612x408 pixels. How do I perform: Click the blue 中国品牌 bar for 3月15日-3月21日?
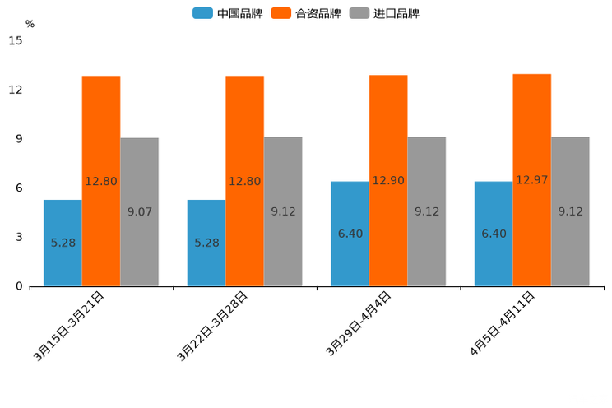pyautogui.click(x=63, y=243)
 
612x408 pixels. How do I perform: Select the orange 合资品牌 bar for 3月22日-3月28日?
pyautogui.click(x=245, y=181)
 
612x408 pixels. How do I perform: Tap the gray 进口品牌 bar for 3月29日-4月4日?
pyautogui.click(x=426, y=211)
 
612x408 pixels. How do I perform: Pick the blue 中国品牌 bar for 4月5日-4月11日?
pyautogui.click(x=494, y=234)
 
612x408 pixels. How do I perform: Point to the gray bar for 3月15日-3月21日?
pyautogui.click(x=139, y=211)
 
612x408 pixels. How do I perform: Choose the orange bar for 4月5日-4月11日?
pyautogui.click(x=531, y=180)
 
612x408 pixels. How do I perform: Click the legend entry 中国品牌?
pyautogui.click(x=228, y=13)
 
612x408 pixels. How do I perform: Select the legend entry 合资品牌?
pyautogui.click(x=307, y=13)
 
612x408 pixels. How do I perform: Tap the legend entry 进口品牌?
pyautogui.click(x=385, y=13)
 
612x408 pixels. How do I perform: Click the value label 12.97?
pyautogui.click(x=531, y=180)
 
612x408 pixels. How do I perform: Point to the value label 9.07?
pyautogui.click(x=140, y=211)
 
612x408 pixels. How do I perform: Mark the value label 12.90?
pyautogui.click(x=388, y=181)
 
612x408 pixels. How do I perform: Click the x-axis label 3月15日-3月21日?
pyautogui.click(x=69, y=326)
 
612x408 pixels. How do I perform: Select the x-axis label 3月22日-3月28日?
pyautogui.click(x=213, y=326)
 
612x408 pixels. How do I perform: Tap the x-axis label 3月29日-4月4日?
pyautogui.click(x=359, y=324)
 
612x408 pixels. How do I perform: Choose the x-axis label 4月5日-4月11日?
pyautogui.click(x=503, y=323)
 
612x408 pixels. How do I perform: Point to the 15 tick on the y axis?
pyautogui.click(x=16, y=40)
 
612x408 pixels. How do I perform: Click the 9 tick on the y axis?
pyautogui.click(x=19, y=139)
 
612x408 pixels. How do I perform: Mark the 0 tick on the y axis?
pyautogui.click(x=19, y=286)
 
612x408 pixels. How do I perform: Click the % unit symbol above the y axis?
pyautogui.click(x=30, y=24)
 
